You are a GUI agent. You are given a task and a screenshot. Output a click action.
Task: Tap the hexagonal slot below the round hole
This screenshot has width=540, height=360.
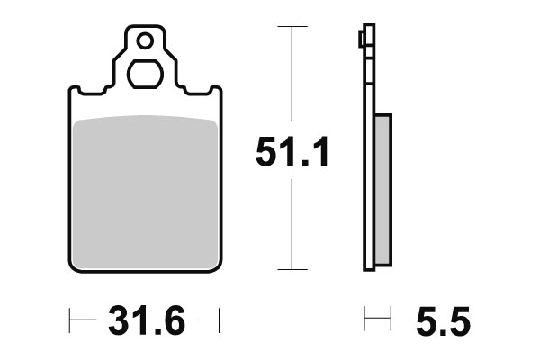point(144,73)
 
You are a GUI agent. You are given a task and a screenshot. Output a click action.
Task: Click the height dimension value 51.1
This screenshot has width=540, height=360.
point(292,150)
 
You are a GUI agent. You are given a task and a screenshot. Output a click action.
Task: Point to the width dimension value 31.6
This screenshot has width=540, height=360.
point(146,320)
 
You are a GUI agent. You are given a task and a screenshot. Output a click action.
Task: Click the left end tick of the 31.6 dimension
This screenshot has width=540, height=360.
point(70,319)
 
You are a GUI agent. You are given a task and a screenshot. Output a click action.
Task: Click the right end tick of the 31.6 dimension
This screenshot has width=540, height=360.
point(219,319)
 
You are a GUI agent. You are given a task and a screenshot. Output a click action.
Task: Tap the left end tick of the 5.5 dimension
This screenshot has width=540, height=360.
point(364,319)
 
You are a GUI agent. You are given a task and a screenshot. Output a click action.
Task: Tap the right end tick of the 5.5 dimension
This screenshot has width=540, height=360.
point(390,319)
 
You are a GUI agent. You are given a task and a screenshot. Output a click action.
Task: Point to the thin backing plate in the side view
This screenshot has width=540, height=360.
point(368,180)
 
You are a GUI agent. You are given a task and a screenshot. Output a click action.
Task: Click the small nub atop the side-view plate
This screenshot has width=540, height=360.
point(362,39)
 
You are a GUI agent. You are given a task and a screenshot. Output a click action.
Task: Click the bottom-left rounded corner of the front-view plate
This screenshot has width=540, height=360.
point(75,265)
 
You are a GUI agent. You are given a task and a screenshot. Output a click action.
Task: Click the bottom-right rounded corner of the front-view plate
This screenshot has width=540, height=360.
point(215,265)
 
